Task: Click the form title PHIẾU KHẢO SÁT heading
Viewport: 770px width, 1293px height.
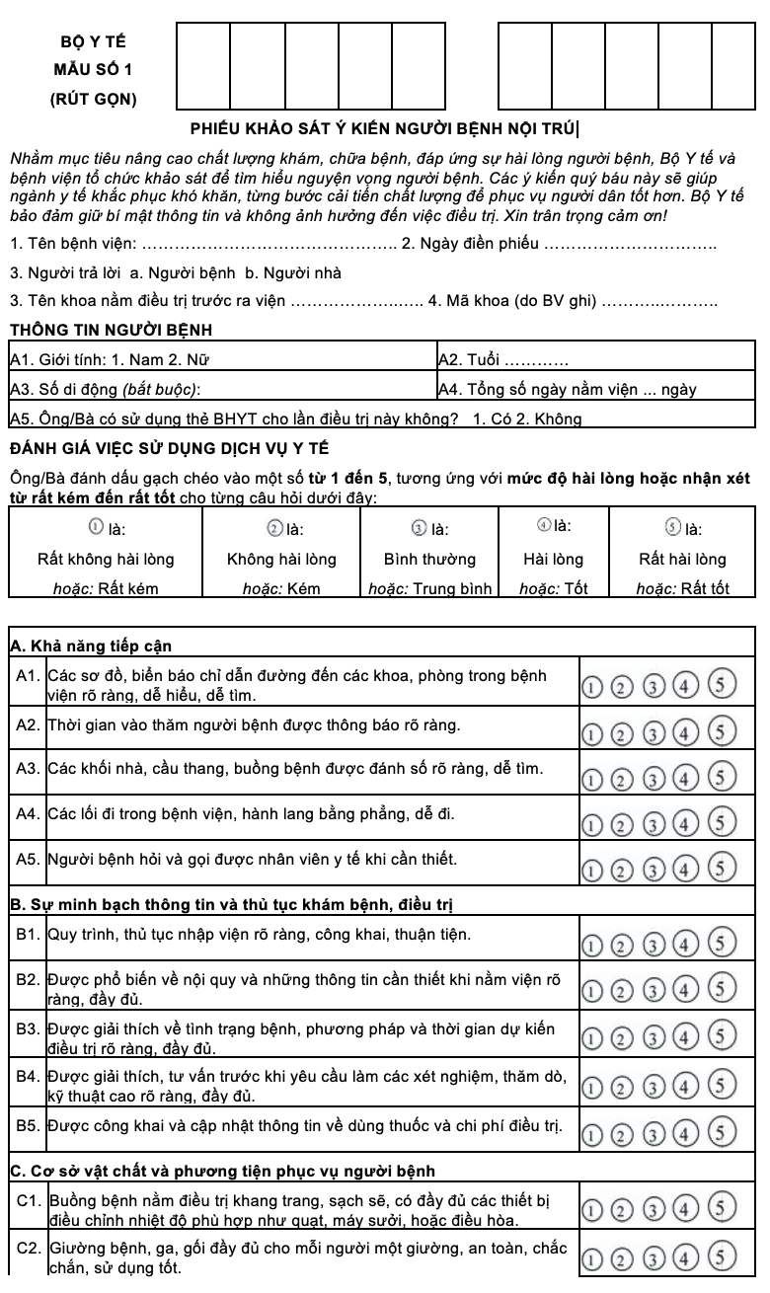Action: pos(384,126)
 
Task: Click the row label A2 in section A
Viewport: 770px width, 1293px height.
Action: pos(28,725)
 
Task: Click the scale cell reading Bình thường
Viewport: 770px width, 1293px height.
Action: pos(429,559)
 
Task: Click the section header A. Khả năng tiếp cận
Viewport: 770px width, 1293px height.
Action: pos(91,646)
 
